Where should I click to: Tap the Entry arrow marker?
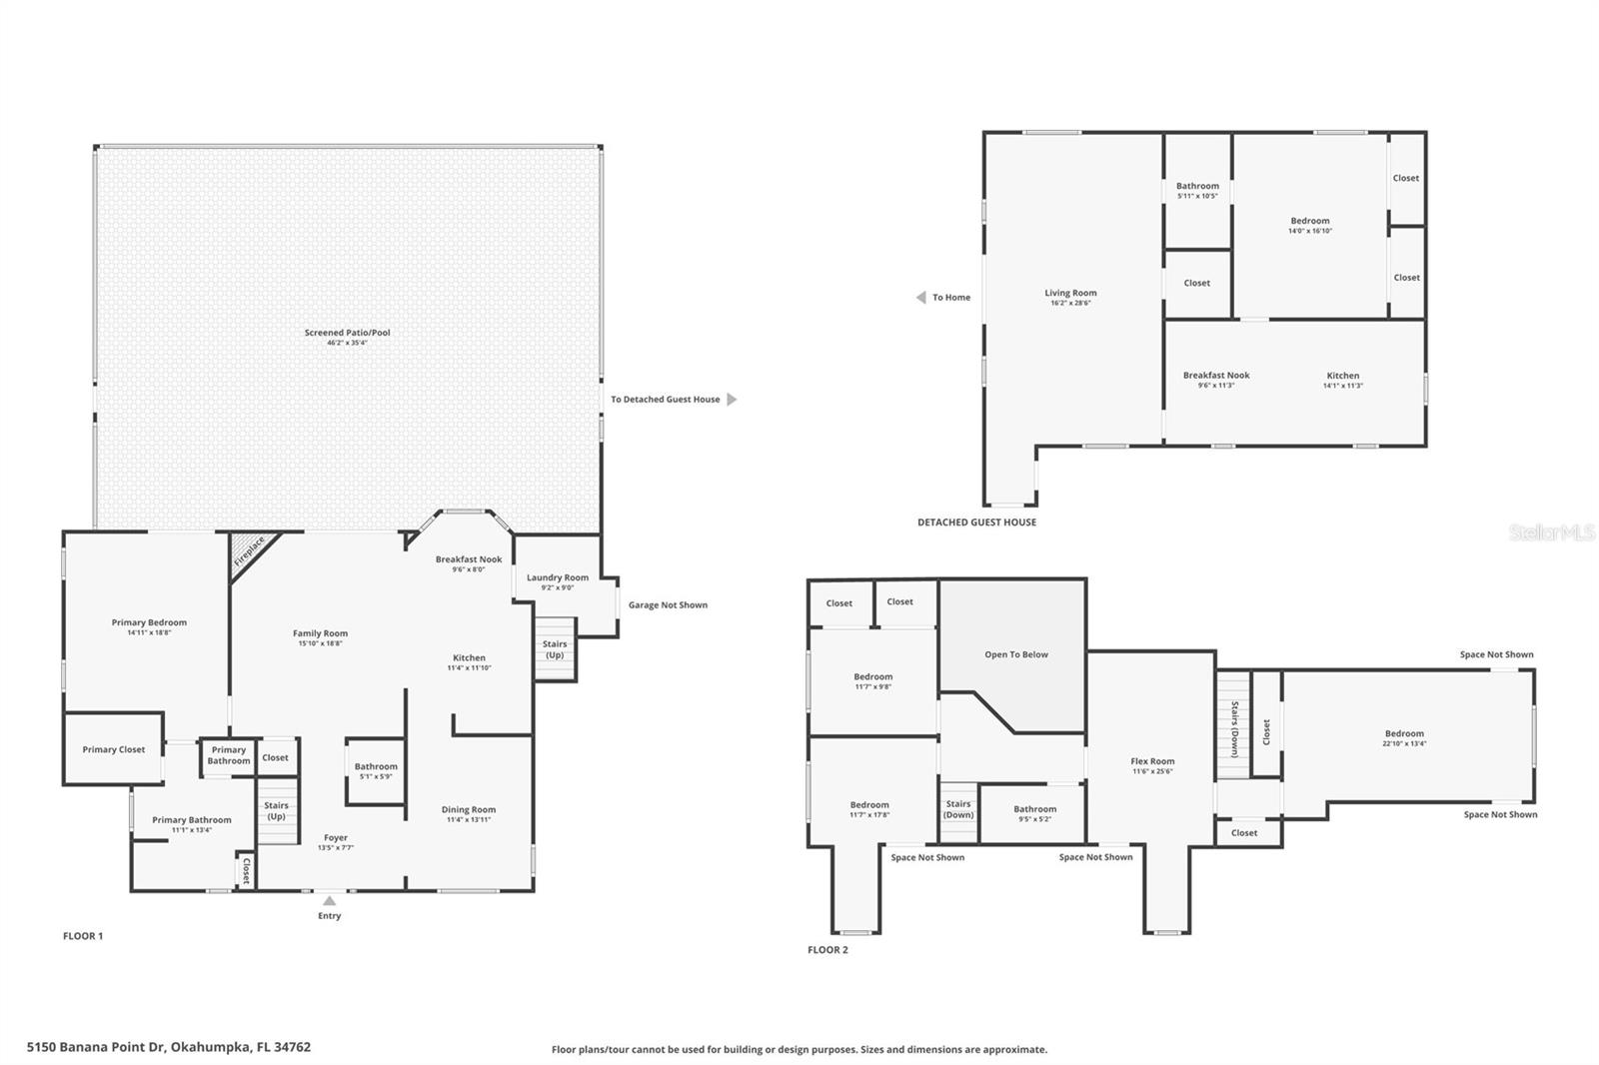(329, 901)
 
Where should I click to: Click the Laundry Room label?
(557, 577)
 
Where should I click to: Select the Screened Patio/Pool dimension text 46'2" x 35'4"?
(347, 343)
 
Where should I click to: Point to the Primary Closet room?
(113, 749)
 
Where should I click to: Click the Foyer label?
(336, 838)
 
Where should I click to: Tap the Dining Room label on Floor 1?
(469, 810)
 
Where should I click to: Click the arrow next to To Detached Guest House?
(732, 399)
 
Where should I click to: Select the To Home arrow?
(920, 297)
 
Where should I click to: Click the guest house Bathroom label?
(1197, 186)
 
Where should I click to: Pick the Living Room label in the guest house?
(1070, 293)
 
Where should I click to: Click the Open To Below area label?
(1016, 654)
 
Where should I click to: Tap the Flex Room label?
(1152, 761)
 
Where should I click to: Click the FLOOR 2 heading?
(827, 949)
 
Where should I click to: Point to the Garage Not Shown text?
(668, 604)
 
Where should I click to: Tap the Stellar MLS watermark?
(1552, 532)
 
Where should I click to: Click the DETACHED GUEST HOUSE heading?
(976, 522)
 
